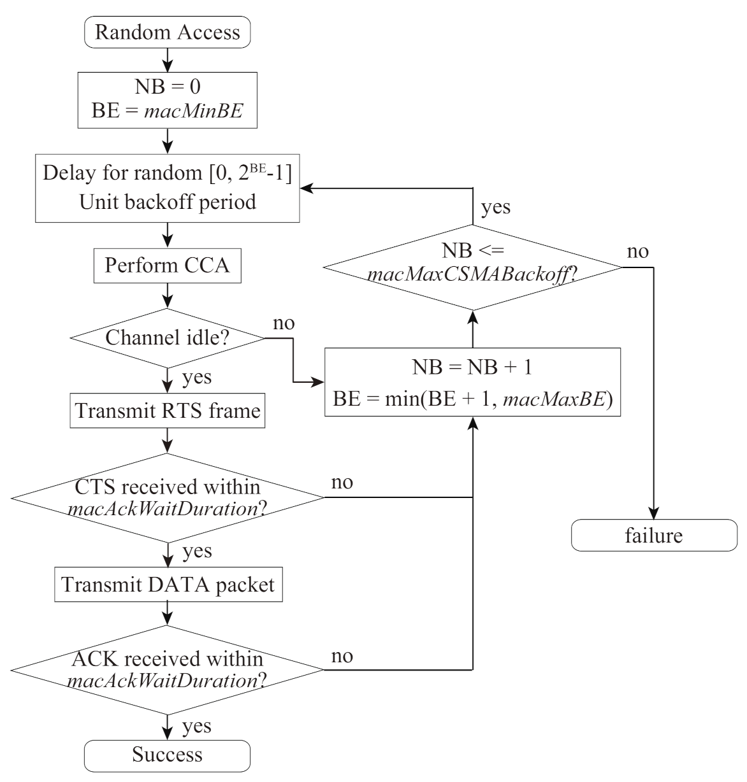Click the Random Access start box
point(168,33)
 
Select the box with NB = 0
point(168,100)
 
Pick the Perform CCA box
point(168,266)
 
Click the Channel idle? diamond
point(168,338)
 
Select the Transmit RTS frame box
point(168,411)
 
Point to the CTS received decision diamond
point(168,498)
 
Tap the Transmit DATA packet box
point(168,585)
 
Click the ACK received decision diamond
point(168,669)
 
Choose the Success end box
point(168,755)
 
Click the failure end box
point(654,536)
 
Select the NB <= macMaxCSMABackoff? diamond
point(472,267)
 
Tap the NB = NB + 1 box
point(472,382)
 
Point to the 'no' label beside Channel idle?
point(284,323)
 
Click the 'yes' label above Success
point(198,726)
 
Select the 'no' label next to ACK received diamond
point(342,656)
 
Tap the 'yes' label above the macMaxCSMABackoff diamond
point(496,208)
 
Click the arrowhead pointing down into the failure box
point(654,515)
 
